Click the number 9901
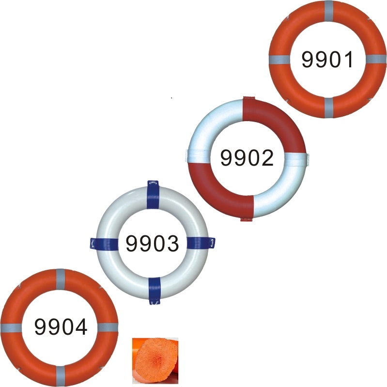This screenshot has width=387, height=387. tap(327, 59)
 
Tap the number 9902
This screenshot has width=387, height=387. tap(247, 158)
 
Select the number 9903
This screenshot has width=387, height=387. tap(152, 244)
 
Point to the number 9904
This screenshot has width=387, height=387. tap(61, 327)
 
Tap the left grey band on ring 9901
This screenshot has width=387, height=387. tap(279, 60)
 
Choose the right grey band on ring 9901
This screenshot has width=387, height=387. tap(375, 59)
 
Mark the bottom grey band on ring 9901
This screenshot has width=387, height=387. tap(328, 107)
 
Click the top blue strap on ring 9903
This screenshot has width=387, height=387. tap(153, 194)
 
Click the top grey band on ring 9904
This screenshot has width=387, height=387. tap(61, 278)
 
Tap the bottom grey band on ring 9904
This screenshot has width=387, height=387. tap(61, 376)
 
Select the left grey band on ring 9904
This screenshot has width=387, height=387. tap(11, 327)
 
